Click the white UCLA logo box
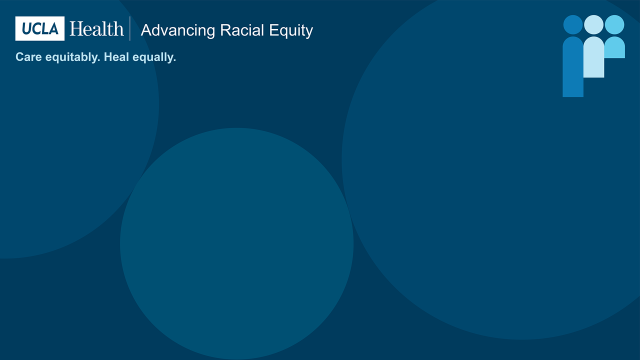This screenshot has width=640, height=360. pyautogui.click(x=39, y=29)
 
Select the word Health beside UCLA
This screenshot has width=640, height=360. pyautogui.click(x=96, y=29)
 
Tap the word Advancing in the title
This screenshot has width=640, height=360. pyautogui.click(x=176, y=31)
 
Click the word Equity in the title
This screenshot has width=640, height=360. pyautogui.click(x=289, y=31)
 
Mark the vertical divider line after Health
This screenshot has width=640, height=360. pyautogui.click(x=130, y=29)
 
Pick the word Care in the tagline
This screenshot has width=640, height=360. pyautogui.click(x=27, y=57)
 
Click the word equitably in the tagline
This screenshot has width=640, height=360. pyautogui.click(x=70, y=58)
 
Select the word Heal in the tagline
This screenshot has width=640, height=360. pyautogui.click(x=116, y=57)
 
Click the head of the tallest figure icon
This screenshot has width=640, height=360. pyautogui.click(x=572, y=24)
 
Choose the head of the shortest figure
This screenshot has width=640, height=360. pyautogui.click(x=614, y=24)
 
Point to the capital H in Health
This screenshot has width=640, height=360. pyautogui.click(x=76, y=29)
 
